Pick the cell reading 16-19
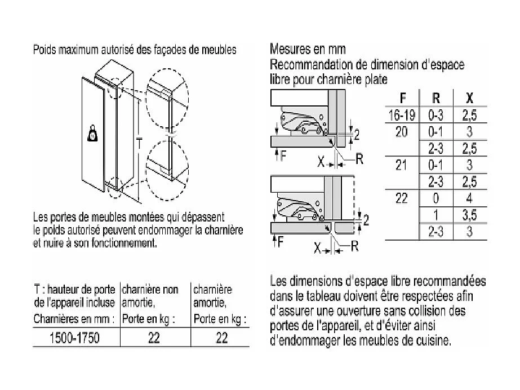point(402,116)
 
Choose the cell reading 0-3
point(436,116)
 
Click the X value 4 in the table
point(469,198)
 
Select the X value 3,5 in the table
point(469,215)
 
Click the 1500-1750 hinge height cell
point(75,338)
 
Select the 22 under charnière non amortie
point(153,338)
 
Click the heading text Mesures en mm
point(308,50)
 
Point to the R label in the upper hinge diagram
point(358,159)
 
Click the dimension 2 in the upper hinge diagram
point(357,133)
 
